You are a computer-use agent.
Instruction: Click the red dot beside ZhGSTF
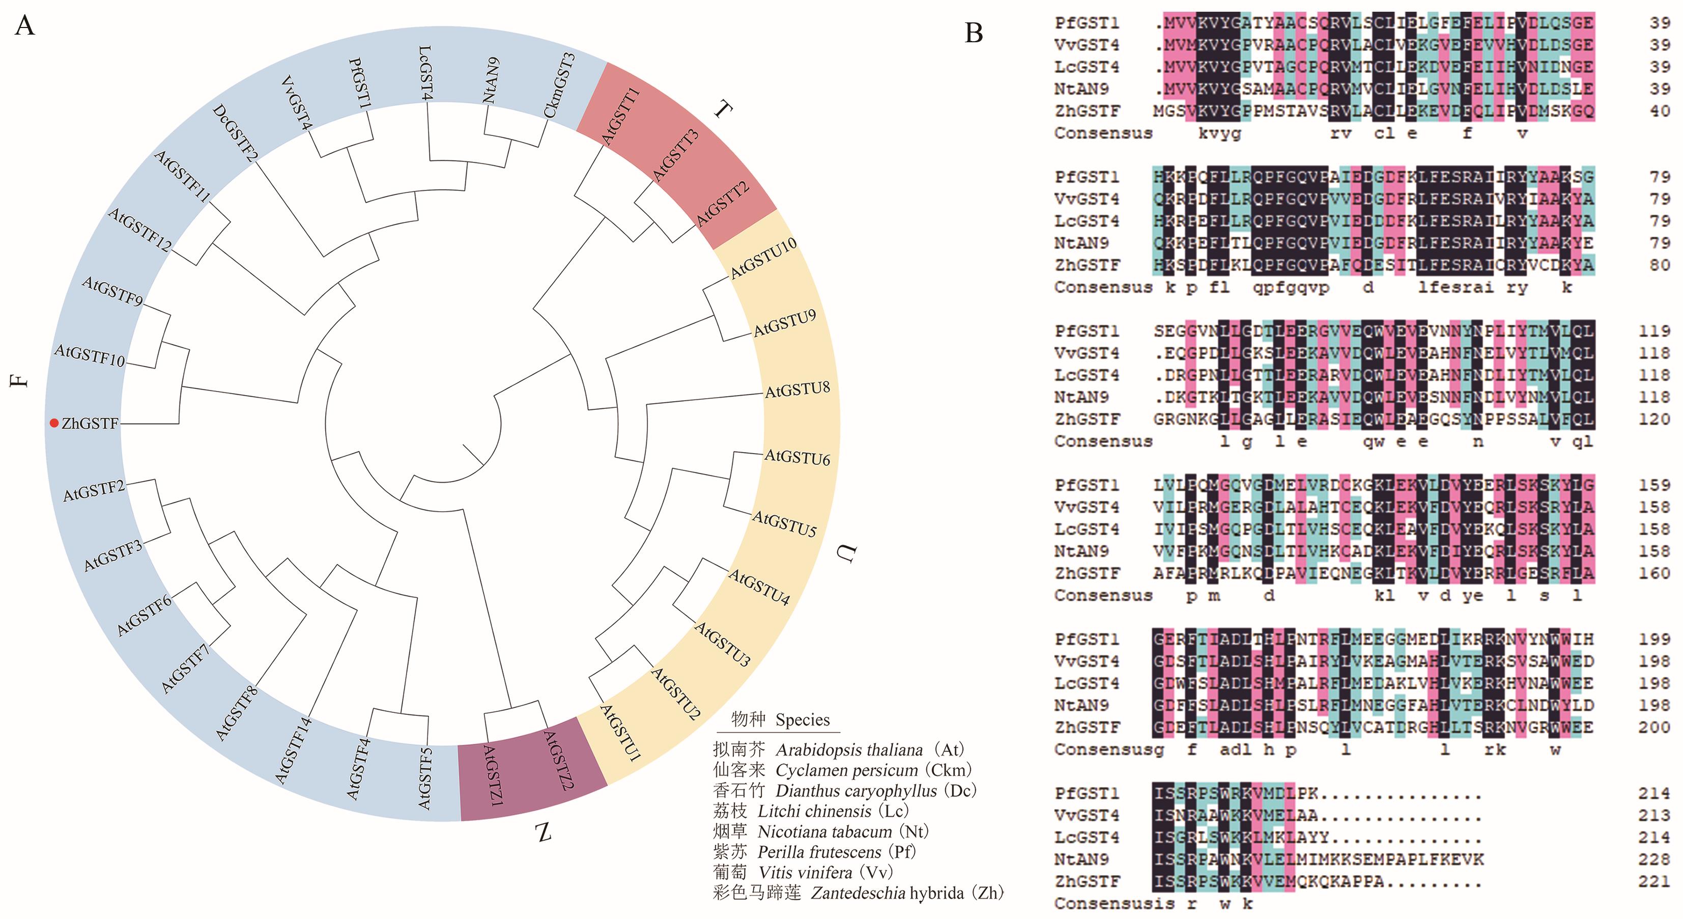[x=54, y=423]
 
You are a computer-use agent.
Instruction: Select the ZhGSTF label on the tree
[x=90, y=424]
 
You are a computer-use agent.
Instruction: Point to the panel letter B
[x=974, y=33]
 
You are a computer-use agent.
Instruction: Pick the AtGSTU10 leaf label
[x=763, y=258]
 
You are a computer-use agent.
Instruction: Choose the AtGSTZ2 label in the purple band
[x=559, y=760]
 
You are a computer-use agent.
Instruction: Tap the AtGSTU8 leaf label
[x=797, y=390]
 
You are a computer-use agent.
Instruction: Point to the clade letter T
[x=723, y=109]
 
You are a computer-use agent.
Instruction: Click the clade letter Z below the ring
[x=544, y=832]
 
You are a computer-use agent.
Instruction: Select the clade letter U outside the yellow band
[x=845, y=553]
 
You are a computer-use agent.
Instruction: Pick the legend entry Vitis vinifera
[x=805, y=873]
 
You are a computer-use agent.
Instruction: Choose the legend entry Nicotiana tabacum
[x=824, y=831]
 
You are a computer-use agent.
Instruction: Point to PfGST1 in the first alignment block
[x=1087, y=23]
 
